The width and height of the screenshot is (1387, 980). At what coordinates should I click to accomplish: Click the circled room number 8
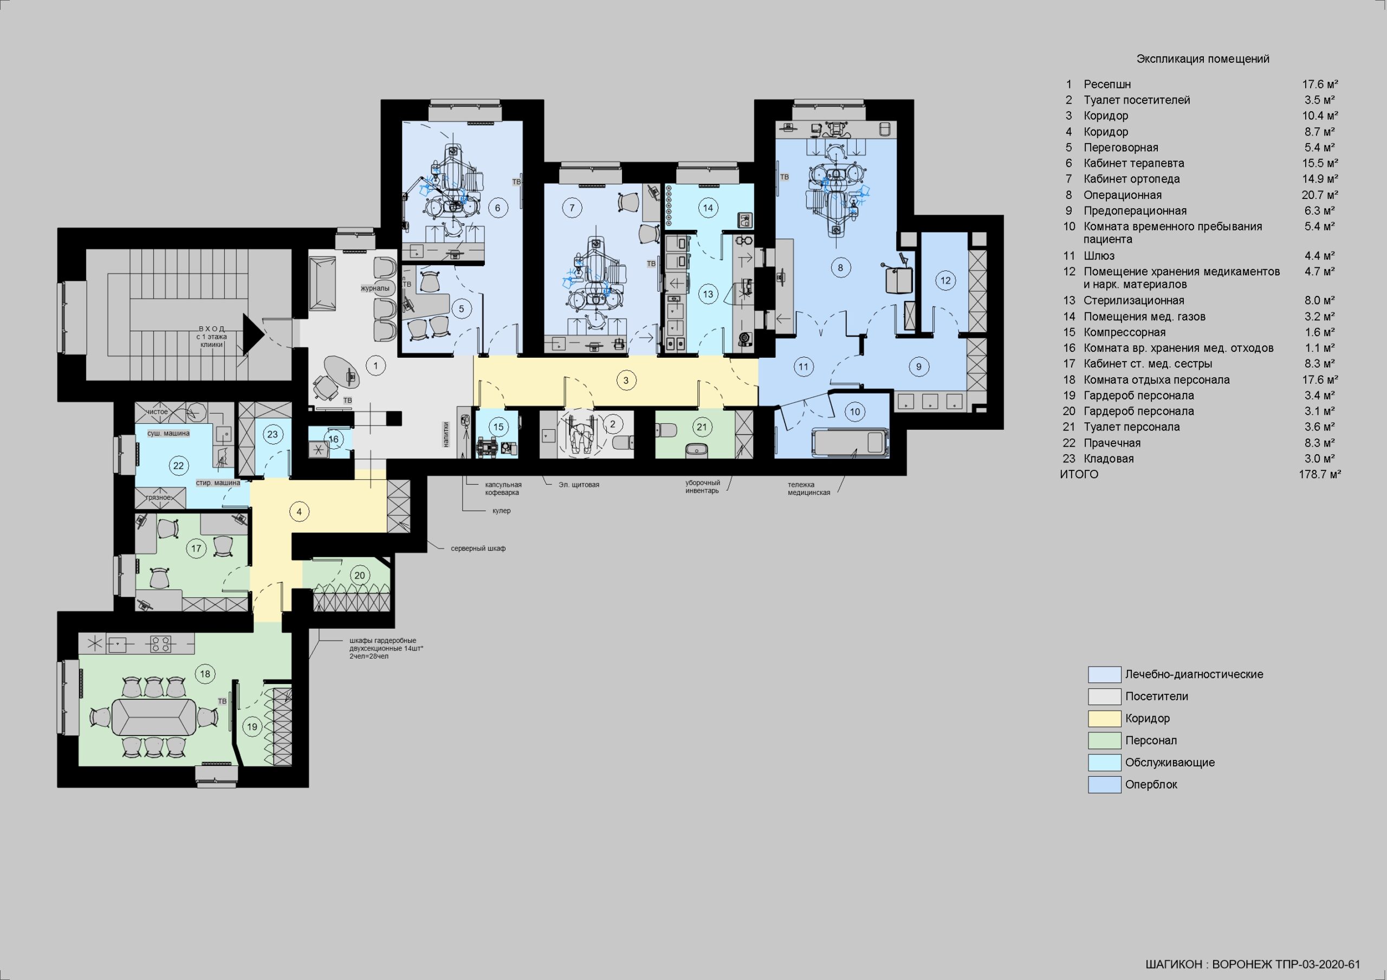click(840, 267)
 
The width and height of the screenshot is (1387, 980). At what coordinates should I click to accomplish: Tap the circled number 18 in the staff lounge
click(205, 674)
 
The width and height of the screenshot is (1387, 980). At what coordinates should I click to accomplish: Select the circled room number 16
click(333, 439)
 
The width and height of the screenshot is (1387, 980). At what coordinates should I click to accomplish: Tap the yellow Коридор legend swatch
click(1104, 718)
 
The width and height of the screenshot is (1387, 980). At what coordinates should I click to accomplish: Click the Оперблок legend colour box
click(1104, 785)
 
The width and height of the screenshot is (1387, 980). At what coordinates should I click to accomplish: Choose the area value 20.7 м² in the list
click(1320, 195)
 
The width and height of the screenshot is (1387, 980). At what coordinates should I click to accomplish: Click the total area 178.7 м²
click(1320, 474)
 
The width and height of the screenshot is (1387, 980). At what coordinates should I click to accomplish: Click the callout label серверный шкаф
click(478, 549)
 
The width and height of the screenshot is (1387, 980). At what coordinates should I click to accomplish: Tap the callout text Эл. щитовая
click(579, 485)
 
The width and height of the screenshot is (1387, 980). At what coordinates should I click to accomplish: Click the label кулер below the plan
click(501, 511)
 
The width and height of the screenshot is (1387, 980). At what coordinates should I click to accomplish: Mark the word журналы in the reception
click(375, 288)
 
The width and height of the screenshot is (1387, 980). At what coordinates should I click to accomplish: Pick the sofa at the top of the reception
click(322, 283)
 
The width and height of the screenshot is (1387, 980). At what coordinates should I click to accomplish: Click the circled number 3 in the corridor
click(626, 380)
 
